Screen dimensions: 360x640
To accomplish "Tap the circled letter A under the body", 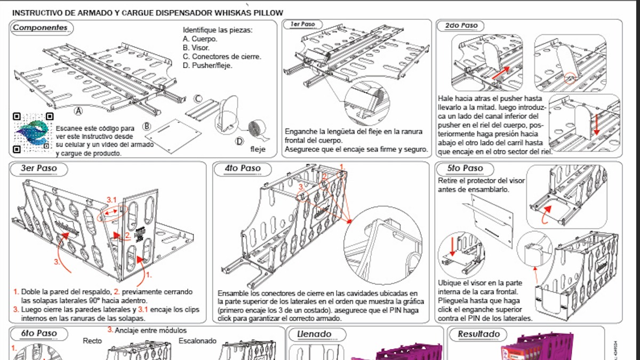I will tap(78, 111).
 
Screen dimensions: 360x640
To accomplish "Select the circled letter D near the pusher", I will tap(239, 141).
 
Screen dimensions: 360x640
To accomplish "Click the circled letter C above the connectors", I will tap(198, 99).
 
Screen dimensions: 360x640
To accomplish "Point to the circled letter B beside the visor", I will tap(147, 126).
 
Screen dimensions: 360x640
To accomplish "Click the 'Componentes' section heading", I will tap(41, 28).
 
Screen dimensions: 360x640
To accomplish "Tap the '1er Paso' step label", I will tap(302, 25).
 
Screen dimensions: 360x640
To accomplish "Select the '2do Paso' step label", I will tap(461, 26).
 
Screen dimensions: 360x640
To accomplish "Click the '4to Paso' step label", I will tap(243, 169).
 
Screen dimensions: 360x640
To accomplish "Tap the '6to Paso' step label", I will tap(39, 334).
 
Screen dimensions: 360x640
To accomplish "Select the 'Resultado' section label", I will tap(478, 334).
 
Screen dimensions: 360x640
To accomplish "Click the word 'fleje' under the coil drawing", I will tap(258, 149).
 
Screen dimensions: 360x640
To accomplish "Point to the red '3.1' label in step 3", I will tap(111, 199).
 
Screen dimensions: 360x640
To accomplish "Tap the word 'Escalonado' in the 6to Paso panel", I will tap(197, 341).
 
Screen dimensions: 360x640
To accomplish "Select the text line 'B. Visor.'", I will tap(196, 47).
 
